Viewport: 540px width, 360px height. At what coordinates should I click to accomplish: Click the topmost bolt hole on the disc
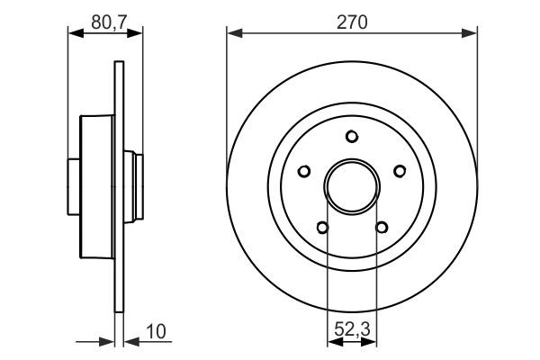352,137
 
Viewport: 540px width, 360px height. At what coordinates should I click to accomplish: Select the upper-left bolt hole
305,171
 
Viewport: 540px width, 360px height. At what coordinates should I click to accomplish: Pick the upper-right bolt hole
399,171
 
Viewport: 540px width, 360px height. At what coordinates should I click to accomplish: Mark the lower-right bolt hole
381,227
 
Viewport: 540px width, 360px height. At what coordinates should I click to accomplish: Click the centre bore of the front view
352,186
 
